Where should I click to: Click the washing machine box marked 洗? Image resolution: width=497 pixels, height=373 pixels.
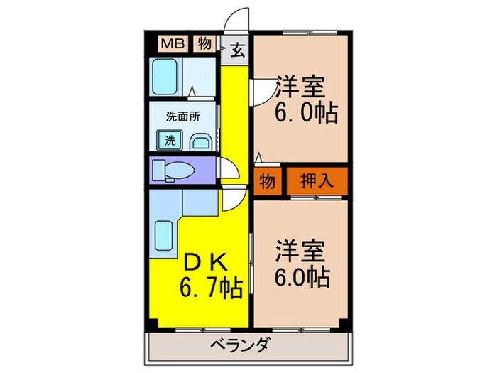point(170,140)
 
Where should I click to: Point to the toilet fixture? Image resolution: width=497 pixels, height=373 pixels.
point(175,171)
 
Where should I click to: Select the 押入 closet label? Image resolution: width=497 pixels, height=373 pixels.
point(317,180)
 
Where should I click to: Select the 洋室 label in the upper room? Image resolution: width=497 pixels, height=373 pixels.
point(302,89)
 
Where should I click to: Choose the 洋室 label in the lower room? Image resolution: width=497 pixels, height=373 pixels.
point(302,253)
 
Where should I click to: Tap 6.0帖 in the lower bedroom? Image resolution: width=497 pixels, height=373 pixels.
point(302,276)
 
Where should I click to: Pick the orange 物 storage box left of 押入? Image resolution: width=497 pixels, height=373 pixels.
point(268,180)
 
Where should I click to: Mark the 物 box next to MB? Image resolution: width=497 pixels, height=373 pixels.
point(204,43)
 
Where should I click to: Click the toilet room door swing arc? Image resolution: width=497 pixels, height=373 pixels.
point(229,171)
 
